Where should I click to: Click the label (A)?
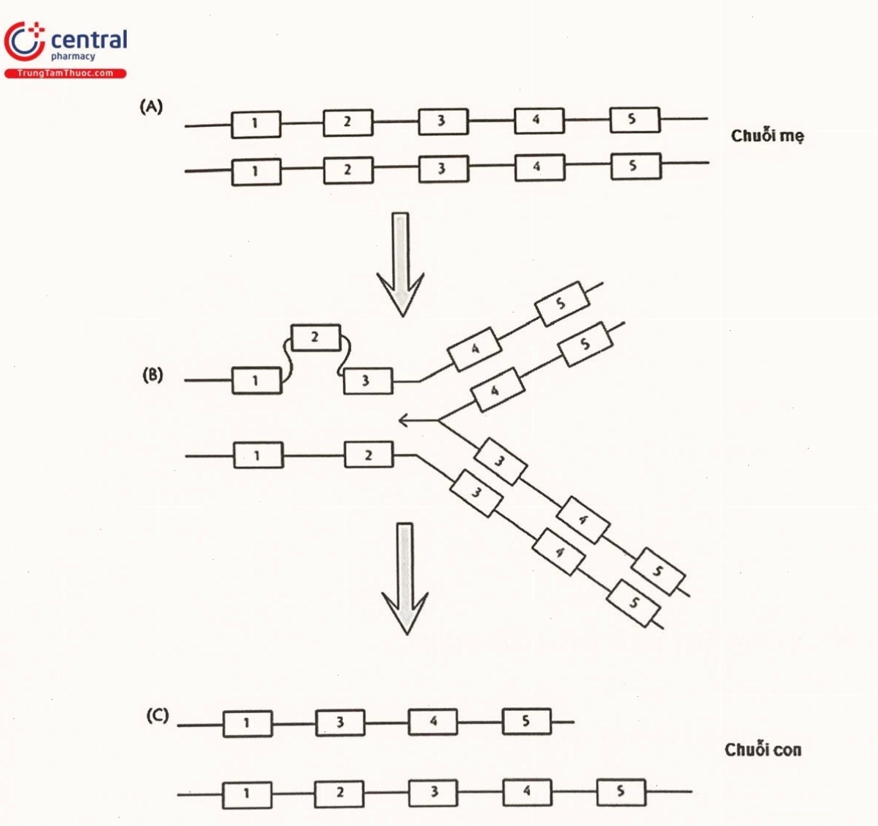(x=151, y=106)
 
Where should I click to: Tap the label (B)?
(x=153, y=375)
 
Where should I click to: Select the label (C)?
(x=158, y=716)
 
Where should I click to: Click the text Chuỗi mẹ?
(x=767, y=136)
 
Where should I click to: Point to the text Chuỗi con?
(x=763, y=750)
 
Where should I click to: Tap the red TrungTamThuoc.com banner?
(x=65, y=73)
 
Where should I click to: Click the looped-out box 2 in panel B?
(x=316, y=337)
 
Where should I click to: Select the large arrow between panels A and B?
(x=400, y=264)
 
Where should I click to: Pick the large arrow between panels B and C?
(x=405, y=579)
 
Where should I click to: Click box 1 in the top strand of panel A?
(x=256, y=124)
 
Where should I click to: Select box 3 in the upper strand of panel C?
(x=340, y=723)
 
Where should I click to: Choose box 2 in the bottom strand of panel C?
(x=339, y=793)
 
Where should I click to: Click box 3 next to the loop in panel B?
(x=367, y=381)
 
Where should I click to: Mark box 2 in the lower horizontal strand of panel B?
(x=369, y=455)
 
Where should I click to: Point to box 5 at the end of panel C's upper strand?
(x=526, y=720)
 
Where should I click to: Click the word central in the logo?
(x=89, y=40)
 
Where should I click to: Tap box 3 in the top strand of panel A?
(x=443, y=122)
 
